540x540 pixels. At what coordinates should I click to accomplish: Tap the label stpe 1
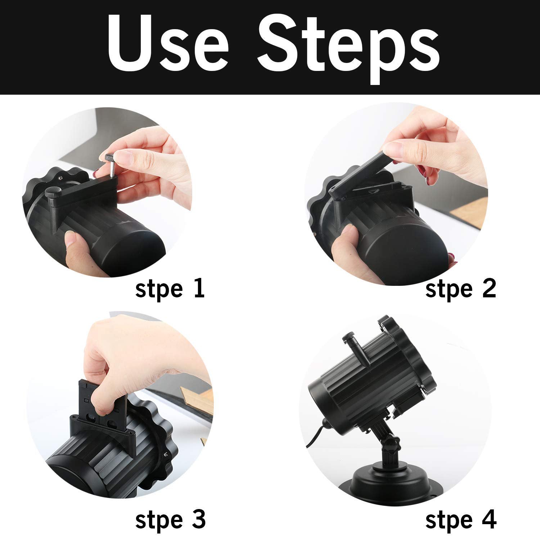pos(170,289)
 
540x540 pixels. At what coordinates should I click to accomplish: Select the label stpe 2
pos(460,289)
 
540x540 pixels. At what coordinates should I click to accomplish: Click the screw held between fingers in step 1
pos(111,164)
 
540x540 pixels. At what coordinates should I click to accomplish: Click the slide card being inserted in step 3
pos(101,400)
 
